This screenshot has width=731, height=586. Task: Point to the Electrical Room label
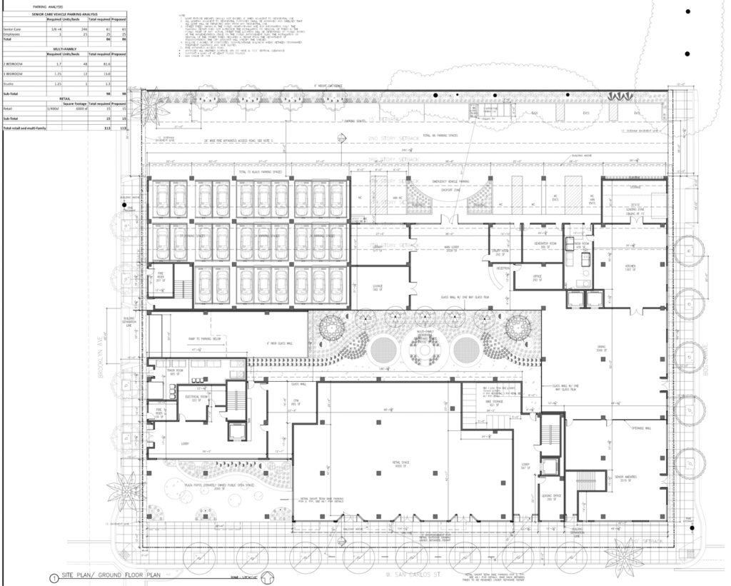[x=198, y=398]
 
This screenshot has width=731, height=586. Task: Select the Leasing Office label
[x=548, y=497]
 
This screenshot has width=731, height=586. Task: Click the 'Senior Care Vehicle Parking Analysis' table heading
[x=65, y=14]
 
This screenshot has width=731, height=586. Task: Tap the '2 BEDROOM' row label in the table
[x=14, y=64]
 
